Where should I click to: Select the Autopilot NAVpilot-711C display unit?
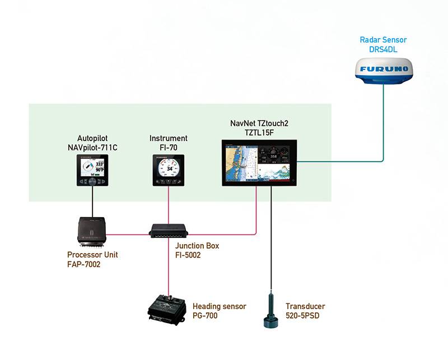tap(92, 170)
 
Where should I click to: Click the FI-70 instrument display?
tap(169, 170)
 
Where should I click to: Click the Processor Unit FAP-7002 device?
tap(92, 231)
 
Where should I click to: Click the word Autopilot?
tap(92, 138)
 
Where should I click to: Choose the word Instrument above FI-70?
tap(169, 138)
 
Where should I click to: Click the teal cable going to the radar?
tap(384, 129)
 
